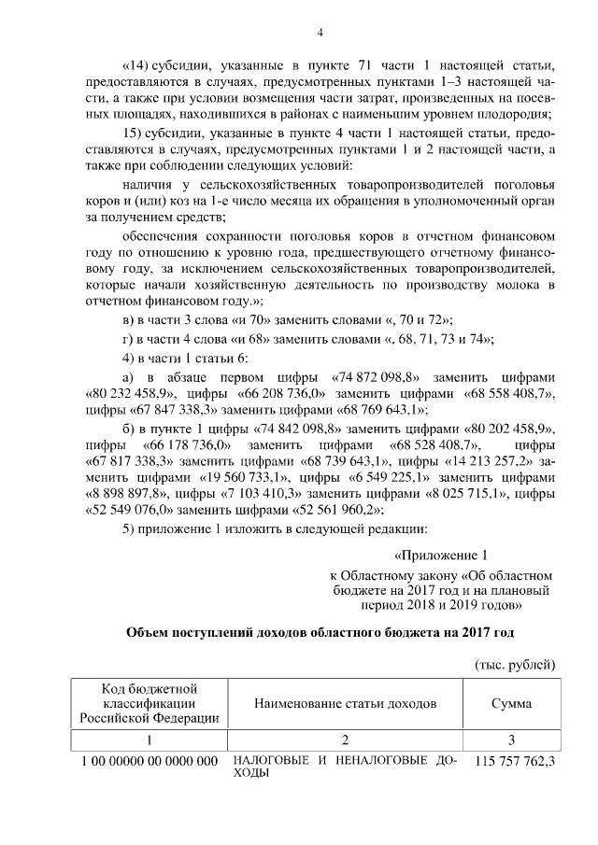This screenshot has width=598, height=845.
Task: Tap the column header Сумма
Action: (x=512, y=702)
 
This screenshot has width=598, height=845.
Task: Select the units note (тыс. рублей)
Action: (x=516, y=664)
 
